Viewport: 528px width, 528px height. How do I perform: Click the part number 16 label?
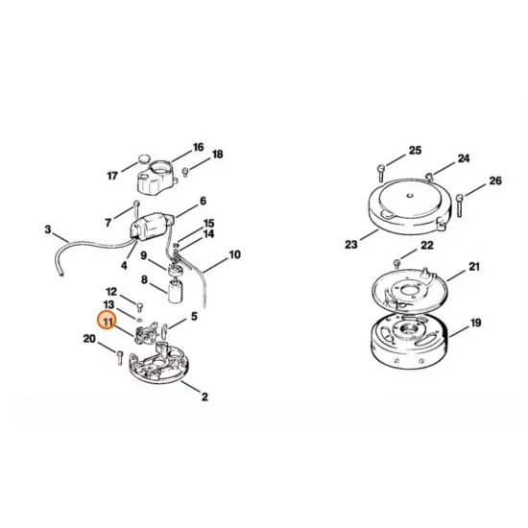tap(199, 148)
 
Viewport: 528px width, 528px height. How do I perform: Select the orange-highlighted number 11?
tap(109, 324)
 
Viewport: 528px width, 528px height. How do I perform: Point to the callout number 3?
tap(48, 228)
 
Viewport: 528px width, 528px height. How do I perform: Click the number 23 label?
tap(350, 245)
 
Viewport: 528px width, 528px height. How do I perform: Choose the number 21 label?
tap(474, 266)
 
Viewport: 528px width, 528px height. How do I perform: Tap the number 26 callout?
tap(495, 180)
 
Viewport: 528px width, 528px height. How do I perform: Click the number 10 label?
tap(235, 255)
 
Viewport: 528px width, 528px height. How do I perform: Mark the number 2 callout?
tap(204, 395)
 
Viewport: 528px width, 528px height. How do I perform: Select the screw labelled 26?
tap(461, 201)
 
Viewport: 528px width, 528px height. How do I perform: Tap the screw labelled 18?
tap(186, 170)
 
